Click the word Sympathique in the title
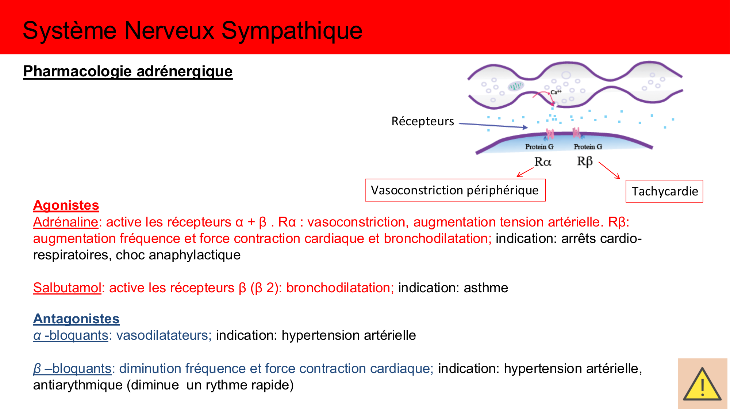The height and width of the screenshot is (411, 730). tap(292, 31)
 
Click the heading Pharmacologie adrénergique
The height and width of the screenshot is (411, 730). tap(128, 71)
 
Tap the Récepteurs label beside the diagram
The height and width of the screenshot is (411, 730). tap(423, 121)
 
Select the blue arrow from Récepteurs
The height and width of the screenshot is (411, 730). tap(493, 126)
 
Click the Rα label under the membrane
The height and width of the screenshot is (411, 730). tap(542, 162)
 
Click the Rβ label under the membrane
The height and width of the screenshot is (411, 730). tap(584, 161)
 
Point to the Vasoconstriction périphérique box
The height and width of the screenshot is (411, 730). tap(455, 190)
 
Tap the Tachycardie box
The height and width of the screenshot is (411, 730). tap(664, 191)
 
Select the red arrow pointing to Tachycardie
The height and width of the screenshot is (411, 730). tap(609, 170)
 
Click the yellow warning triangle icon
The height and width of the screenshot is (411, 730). tap(702, 385)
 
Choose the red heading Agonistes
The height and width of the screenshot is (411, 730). tap(66, 205)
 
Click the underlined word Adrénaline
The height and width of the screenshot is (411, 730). tap(66, 222)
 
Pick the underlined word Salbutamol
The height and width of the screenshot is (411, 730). tap(67, 288)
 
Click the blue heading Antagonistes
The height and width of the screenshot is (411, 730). tap(76, 319)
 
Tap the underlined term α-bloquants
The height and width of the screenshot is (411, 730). tap(71, 335)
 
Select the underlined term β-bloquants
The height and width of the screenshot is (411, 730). tap(72, 369)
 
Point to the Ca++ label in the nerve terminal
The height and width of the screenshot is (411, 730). tap(556, 92)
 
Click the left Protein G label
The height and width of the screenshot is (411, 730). tap(539, 147)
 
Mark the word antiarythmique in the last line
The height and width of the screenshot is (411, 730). tap(78, 385)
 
